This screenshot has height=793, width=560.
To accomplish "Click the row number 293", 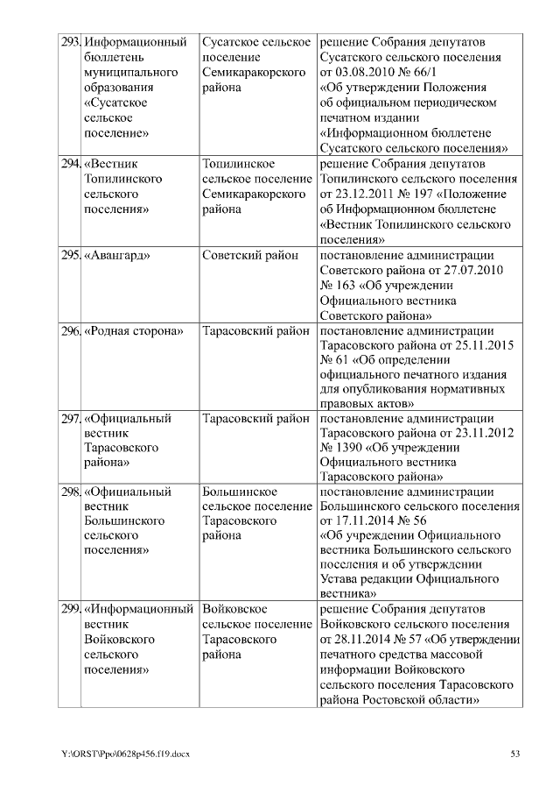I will [70, 42].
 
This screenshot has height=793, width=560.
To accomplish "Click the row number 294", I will [70, 164].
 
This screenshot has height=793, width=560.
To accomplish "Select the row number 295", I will [70, 255].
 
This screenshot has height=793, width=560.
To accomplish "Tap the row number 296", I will [70, 331].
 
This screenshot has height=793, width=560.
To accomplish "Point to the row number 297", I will [70, 419].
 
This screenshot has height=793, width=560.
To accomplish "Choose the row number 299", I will [70, 608].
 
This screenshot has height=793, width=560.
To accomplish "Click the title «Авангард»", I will [116, 255].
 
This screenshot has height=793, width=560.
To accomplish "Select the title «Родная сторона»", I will [134, 331].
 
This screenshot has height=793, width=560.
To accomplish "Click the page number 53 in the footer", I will [514, 754].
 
